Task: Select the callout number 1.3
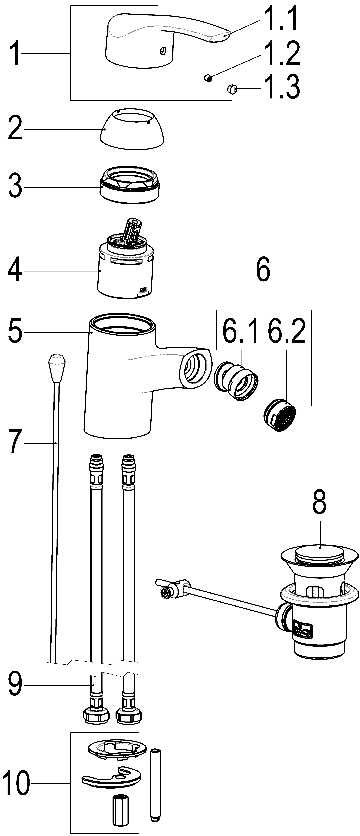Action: click(x=281, y=87)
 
